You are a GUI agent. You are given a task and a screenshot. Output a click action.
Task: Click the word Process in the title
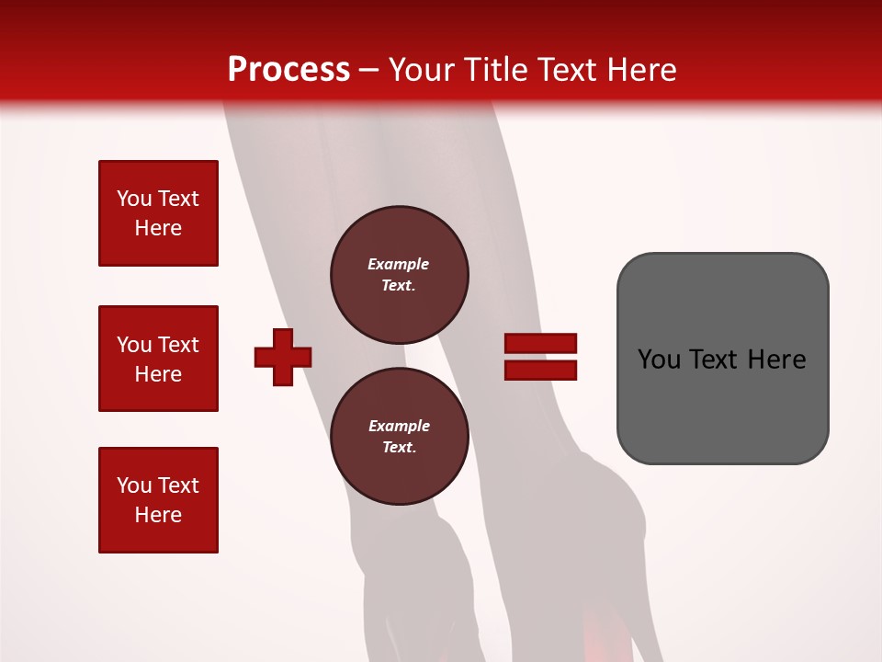pyautogui.click(x=288, y=70)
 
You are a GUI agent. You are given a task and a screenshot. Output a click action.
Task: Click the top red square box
pyautogui.click(x=158, y=213)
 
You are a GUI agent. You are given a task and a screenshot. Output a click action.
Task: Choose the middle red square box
pyautogui.click(x=158, y=359)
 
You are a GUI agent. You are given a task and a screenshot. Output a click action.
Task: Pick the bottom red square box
pyautogui.click(x=158, y=500)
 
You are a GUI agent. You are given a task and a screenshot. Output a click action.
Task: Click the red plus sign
pyautogui.click(x=283, y=357)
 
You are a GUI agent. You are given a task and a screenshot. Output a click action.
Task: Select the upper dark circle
pyautogui.click(x=399, y=274)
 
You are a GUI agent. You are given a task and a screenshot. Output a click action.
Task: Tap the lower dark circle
pyautogui.click(x=399, y=437)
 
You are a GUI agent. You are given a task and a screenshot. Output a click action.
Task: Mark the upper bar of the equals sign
pyautogui.click(x=540, y=343)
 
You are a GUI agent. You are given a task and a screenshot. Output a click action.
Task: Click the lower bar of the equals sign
pyautogui.click(x=540, y=370)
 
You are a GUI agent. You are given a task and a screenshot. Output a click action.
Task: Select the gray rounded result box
pyautogui.click(x=722, y=405)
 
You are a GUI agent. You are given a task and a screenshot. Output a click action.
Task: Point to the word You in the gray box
pyautogui.click(x=660, y=360)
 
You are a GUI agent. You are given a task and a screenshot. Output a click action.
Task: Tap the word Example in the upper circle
pyautogui.click(x=398, y=264)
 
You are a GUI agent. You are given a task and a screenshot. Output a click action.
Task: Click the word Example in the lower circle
pyautogui.click(x=399, y=426)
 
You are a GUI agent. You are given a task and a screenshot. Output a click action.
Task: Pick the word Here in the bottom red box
pyautogui.click(x=158, y=515)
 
